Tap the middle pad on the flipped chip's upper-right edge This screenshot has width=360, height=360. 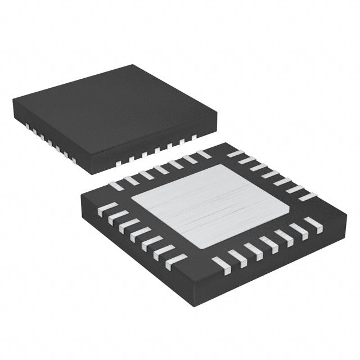click(x=269, y=174)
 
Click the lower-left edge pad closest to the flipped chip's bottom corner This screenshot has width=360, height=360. click(x=176, y=260)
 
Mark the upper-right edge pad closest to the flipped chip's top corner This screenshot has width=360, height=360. click(x=235, y=154)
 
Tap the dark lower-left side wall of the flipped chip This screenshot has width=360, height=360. click(x=135, y=247)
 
